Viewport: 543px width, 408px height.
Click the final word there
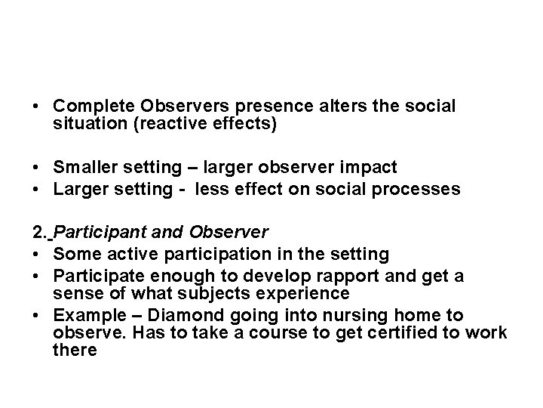click(75, 351)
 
